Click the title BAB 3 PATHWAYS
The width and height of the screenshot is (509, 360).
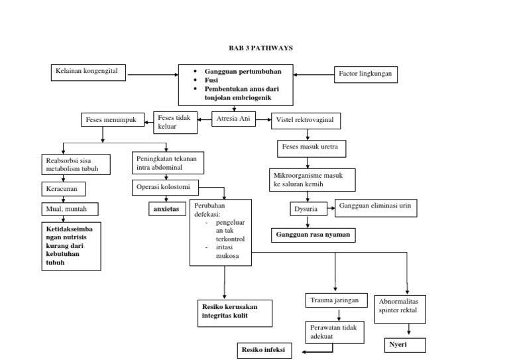pyautogui.click(x=260, y=48)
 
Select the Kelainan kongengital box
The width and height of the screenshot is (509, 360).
pyautogui.click(x=88, y=72)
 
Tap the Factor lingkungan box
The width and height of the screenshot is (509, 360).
pyautogui.click(x=365, y=74)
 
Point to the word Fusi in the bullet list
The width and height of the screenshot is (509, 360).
pyautogui.click(x=212, y=80)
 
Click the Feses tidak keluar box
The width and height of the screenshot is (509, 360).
pyautogui.click(x=175, y=122)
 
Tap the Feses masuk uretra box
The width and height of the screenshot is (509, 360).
pyautogui.click(x=311, y=147)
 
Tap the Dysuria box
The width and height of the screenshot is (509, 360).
pyautogui.click(x=309, y=210)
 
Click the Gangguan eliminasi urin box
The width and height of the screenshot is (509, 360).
pyautogui.click(x=376, y=208)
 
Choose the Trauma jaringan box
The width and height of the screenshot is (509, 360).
pyautogui.click(x=335, y=301)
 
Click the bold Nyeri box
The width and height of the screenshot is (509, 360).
pyautogui.click(x=404, y=345)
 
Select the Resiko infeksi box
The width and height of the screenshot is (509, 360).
pyautogui.click(x=264, y=349)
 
